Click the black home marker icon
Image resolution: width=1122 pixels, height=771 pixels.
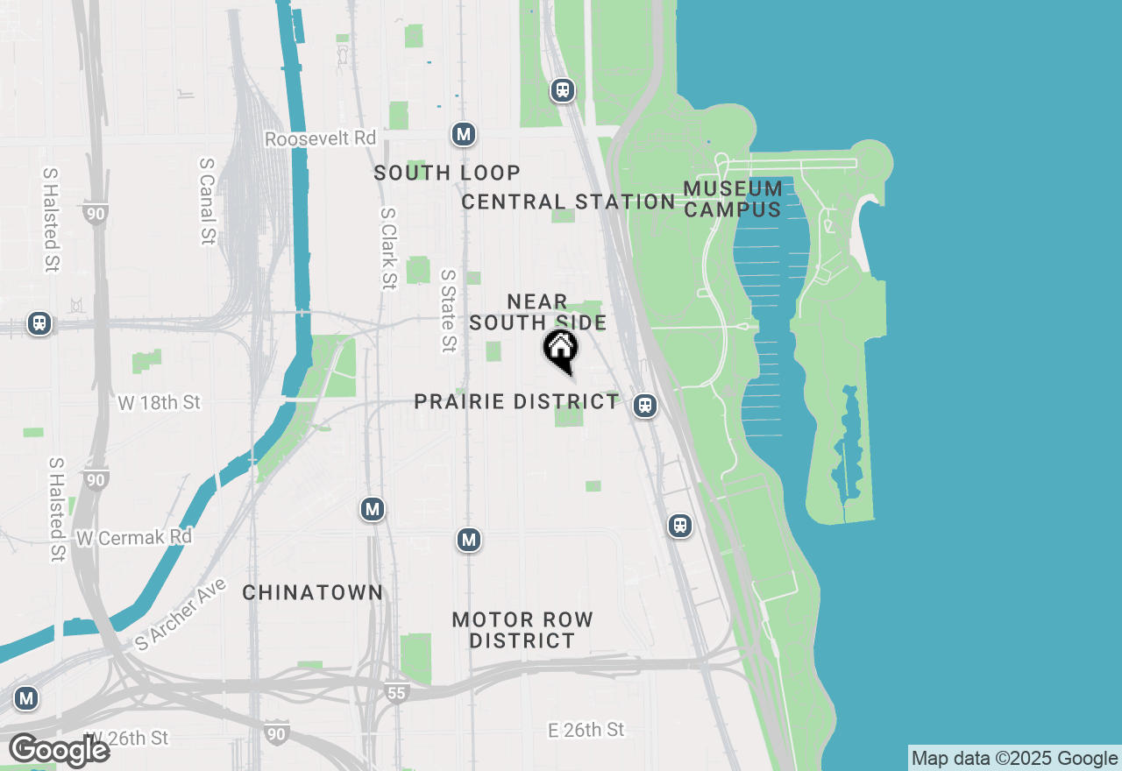tap(561, 350)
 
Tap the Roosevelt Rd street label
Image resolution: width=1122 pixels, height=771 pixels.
tap(320, 138)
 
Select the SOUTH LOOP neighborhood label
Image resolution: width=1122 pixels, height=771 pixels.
tap(447, 173)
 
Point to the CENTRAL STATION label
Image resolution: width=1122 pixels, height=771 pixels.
tap(568, 202)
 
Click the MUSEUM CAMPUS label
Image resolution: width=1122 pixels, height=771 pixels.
tap(733, 199)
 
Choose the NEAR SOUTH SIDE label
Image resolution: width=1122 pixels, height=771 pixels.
tap(537, 313)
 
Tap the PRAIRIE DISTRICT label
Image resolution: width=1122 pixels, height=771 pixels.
tap(516, 402)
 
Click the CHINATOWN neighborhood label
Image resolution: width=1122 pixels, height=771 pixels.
tap(313, 593)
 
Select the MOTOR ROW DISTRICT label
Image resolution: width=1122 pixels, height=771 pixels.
tap(522, 630)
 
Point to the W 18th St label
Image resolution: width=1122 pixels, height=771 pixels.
tap(159, 403)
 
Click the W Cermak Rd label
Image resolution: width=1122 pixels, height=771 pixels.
tap(134, 536)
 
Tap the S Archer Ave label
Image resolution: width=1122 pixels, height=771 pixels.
tap(181, 614)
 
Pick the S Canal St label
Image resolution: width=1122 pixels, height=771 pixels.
tap(208, 201)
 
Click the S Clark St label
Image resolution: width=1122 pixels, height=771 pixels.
tap(388, 248)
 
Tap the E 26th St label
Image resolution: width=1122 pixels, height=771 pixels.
tap(586, 730)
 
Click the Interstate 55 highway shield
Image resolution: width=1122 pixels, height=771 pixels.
tap(396, 693)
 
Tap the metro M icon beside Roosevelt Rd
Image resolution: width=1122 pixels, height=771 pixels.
tap(464, 134)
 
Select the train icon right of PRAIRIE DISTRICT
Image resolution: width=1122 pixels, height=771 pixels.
tap(645, 406)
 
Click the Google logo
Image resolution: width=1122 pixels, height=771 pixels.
tap(59, 750)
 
